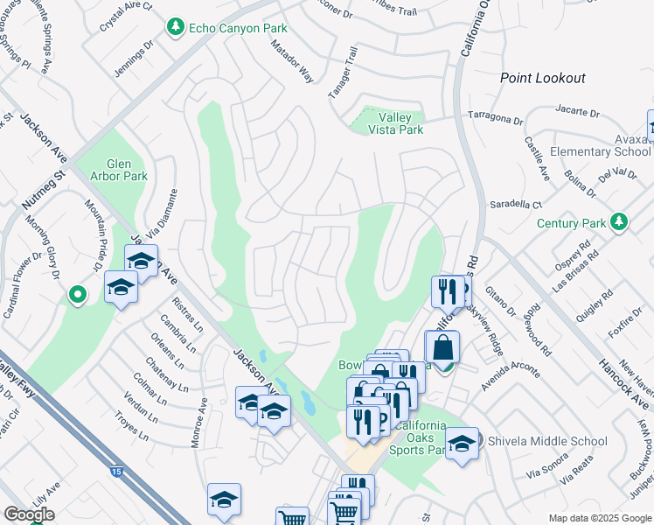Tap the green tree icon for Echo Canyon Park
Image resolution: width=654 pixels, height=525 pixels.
(x=176, y=28)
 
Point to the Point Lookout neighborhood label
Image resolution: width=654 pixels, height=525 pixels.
(x=542, y=78)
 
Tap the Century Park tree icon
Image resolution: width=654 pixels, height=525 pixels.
(x=620, y=222)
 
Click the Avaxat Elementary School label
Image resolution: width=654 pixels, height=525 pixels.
(x=601, y=144)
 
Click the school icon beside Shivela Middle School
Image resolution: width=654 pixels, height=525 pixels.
(x=462, y=443)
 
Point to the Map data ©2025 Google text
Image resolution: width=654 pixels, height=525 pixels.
(x=600, y=518)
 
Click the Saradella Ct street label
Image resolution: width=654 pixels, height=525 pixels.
(x=517, y=204)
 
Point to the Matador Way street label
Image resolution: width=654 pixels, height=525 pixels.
(x=292, y=61)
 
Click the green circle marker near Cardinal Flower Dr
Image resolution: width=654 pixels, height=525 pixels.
(x=77, y=295)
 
